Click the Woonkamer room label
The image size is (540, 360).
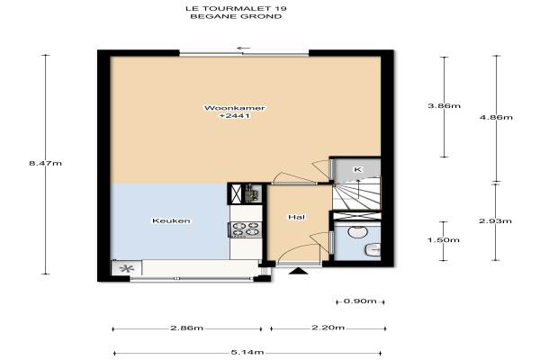coord(235,108)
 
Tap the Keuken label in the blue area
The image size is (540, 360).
coord(171,220)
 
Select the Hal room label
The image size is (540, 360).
coord(296,217)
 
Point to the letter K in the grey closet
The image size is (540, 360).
coord(358,169)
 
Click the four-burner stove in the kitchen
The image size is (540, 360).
coord(246,229)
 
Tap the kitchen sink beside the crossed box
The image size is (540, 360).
coord(252,194)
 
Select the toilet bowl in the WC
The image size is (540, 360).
coord(355,231)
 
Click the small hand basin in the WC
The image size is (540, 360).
coord(373,249)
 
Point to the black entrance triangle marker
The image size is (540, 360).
coord(299,271)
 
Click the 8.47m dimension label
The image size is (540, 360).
coord(46,163)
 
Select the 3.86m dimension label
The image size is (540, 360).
coord(444,106)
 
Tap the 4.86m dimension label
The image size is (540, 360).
coord(496,118)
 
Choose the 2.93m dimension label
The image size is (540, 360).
coord(495,220)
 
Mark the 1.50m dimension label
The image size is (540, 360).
coord(444,239)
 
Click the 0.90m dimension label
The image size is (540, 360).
coord(360,301)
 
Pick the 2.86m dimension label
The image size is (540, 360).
coord(187,328)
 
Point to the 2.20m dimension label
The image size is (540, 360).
coord(328,328)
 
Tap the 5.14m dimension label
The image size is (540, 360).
coord(247,353)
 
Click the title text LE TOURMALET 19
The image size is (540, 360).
coord(236,8)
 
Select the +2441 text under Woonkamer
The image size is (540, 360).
coord(235,116)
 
